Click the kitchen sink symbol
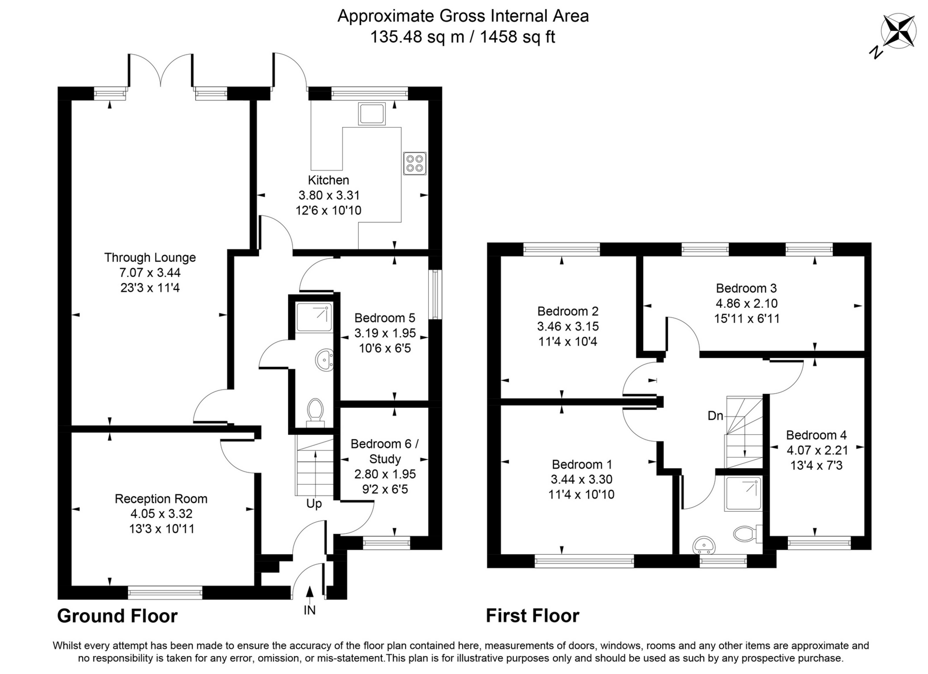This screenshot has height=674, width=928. click(372, 114)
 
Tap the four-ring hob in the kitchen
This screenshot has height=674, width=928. click(415, 163)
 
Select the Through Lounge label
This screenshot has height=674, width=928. click(150, 258)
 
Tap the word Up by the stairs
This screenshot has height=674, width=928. click(314, 504)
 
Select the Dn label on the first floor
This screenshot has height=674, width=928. click(715, 416)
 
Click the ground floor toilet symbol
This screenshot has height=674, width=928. click(315, 410)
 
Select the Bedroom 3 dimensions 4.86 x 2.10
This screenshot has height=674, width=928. click(747, 303)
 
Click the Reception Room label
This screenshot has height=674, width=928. click(161, 499)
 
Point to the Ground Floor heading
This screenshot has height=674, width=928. click(117, 616)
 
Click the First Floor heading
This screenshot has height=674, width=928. click(532, 616)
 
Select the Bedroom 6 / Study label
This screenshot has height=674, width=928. click(385, 451)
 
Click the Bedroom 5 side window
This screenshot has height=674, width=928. click(435, 294)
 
